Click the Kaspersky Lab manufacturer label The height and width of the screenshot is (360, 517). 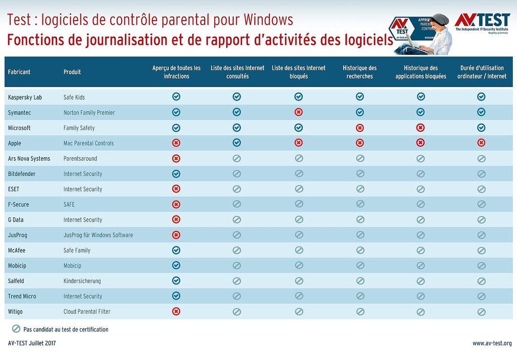[x=25, y=97]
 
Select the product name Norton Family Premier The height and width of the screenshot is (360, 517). [x=89, y=113]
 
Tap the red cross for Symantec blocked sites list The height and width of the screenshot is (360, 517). [x=299, y=112]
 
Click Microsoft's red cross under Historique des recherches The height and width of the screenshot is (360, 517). [x=360, y=128]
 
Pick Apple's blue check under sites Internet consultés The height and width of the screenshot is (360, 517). [x=237, y=143]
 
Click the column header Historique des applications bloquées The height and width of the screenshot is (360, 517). [x=421, y=72]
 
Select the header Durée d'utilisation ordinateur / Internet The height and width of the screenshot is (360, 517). [x=481, y=72]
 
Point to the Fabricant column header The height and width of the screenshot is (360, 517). [x=19, y=72]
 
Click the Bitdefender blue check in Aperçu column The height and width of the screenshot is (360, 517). [x=176, y=173]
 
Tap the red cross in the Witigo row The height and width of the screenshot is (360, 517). [x=176, y=311]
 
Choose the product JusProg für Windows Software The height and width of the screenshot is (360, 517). [x=98, y=235]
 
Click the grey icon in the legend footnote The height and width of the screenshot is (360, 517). [x=16, y=329]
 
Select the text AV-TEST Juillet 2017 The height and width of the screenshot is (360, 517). [x=32, y=343]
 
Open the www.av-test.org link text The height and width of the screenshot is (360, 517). [x=492, y=343]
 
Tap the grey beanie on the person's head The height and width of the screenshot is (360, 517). [x=439, y=19]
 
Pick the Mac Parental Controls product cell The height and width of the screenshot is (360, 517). [x=89, y=143]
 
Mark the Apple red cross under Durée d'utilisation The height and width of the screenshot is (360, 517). [x=481, y=143]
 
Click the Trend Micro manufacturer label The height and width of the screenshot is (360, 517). [x=22, y=296]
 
